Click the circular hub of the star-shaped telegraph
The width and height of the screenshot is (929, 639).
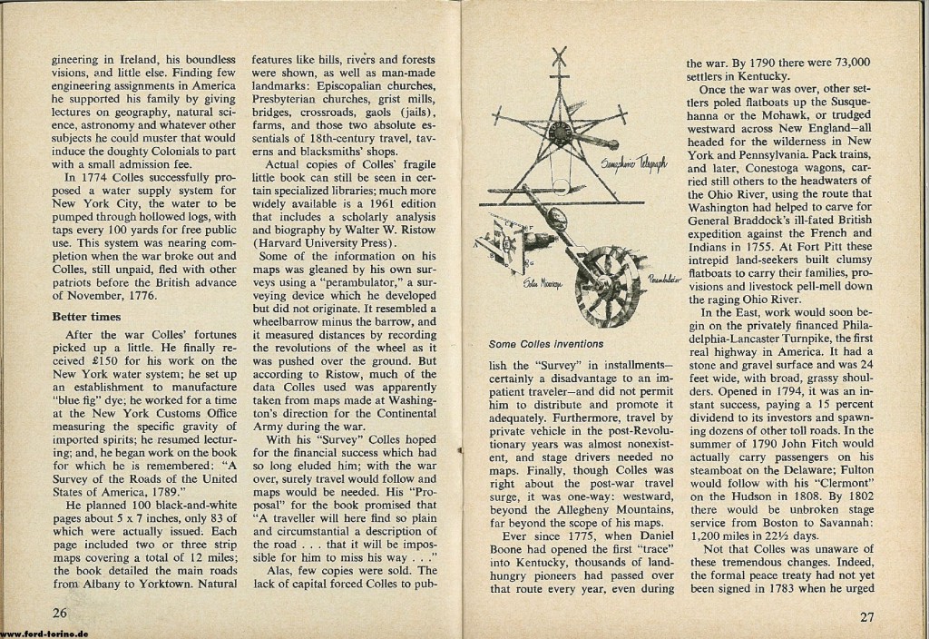click(x=560, y=132)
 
